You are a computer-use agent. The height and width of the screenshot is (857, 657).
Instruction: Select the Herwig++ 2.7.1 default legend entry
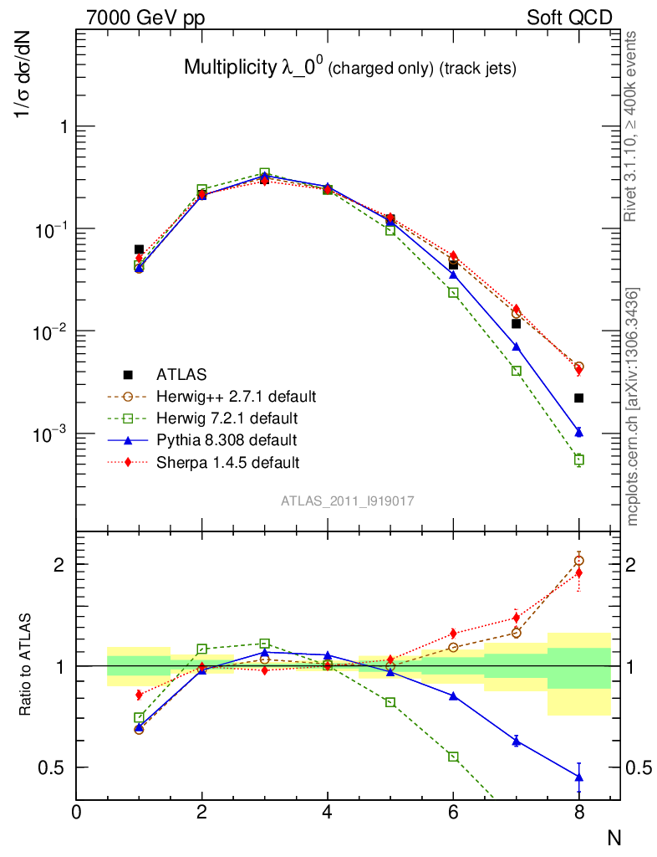click(224, 396)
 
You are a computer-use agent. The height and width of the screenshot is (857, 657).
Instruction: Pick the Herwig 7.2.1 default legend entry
click(219, 418)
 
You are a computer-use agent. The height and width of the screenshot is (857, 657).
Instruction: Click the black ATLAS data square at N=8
click(578, 398)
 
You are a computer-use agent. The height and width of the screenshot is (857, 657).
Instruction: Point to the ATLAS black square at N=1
click(139, 249)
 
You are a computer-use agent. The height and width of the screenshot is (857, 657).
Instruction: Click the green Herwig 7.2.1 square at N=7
click(516, 371)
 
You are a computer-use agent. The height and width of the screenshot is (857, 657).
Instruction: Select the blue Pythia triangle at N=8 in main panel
click(578, 432)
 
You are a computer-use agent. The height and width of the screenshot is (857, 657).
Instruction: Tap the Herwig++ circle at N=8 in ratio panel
click(578, 561)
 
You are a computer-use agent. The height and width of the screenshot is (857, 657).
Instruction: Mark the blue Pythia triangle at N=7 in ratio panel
click(516, 740)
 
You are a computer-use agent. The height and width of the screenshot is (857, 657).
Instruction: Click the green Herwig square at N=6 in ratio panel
click(453, 757)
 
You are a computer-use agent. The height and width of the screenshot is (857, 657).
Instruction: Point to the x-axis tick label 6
click(453, 811)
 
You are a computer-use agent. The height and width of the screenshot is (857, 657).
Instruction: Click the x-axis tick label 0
click(77, 811)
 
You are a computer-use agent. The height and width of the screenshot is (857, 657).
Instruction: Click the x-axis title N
click(614, 836)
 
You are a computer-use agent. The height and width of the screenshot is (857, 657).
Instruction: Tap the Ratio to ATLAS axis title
click(27, 667)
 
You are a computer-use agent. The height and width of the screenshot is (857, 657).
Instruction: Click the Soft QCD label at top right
click(569, 17)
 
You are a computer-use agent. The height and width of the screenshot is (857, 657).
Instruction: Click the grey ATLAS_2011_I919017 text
click(348, 500)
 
